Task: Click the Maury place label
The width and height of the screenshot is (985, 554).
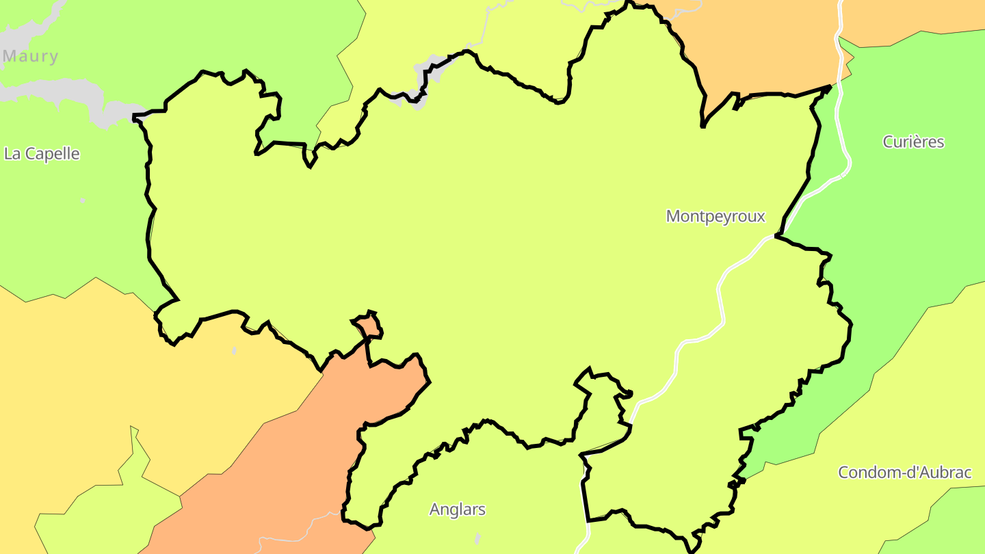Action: pyautogui.click(x=31, y=56)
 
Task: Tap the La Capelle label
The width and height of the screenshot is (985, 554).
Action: pyautogui.click(x=42, y=154)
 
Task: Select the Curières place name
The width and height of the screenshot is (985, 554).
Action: pyautogui.click(x=913, y=142)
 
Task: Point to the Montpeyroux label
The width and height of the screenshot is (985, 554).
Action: pyautogui.click(x=715, y=216)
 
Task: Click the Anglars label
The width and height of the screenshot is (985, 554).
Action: pyautogui.click(x=458, y=510)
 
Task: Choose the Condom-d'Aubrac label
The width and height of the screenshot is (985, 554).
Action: pyautogui.click(x=905, y=472)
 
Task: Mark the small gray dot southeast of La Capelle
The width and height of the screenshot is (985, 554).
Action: pyautogui.click(x=83, y=201)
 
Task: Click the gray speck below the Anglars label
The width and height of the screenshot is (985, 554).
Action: pyautogui.click(x=477, y=538)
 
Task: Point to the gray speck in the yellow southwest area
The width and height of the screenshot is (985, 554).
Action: pyautogui.click(x=235, y=351)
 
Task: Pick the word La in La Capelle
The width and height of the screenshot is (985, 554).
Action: pyautogui.click(x=12, y=154)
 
